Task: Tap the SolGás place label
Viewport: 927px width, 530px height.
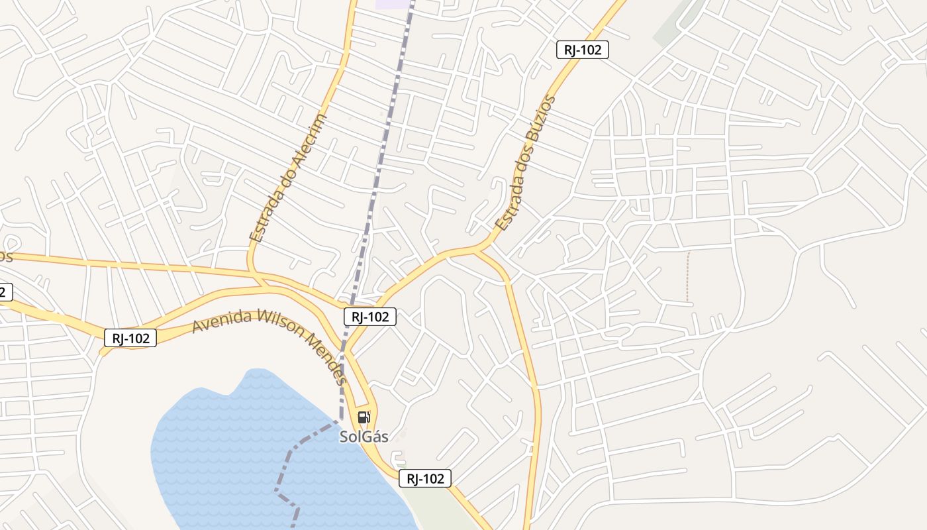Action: click(x=364, y=437)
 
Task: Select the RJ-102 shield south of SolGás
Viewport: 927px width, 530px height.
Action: click(x=425, y=478)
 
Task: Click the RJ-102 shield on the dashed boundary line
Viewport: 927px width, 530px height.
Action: click(x=370, y=317)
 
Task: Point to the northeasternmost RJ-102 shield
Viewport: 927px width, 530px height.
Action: click(x=582, y=50)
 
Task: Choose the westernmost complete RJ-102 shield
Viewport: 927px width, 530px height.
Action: click(x=130, y=338)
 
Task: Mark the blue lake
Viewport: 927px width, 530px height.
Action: click(x=245, y=450)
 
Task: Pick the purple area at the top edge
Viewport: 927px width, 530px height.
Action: click(x=392, y=4)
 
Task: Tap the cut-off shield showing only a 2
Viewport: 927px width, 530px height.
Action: click(x=5, y=291)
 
